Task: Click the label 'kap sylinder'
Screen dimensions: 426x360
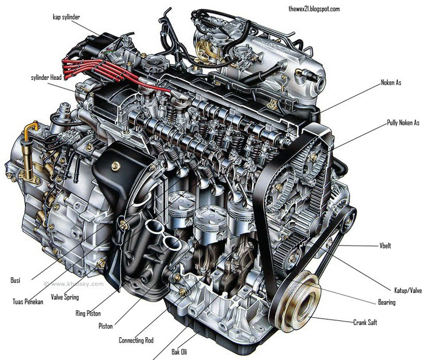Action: (x=67, y=17)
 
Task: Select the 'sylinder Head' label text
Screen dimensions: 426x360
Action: (x=46, y=78)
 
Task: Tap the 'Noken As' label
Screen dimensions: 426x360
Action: (x=391, y=83)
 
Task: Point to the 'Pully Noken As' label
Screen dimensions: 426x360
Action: (x=403, y=123)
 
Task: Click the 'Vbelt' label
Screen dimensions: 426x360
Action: (x=385, y=246)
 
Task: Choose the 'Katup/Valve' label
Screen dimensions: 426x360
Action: (x=408, y=291)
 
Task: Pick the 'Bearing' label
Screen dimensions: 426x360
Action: (x=387, y=302)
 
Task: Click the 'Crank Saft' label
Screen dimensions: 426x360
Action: (x=365, y=323)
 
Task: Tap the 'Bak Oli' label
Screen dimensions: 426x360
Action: (x=179, y=352)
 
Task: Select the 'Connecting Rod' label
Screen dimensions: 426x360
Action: (x=136, y=340)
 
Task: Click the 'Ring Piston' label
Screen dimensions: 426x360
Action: (x=88, y=313)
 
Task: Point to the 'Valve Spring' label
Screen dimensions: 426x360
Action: (x=65, y=297)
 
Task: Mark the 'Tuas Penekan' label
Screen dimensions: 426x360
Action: (x=27, y=302)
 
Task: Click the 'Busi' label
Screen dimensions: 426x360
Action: (x=15, y=280)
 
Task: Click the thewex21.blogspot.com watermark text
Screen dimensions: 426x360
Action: (x=314, y=9)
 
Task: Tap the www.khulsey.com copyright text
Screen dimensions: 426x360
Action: (x=74, y=284)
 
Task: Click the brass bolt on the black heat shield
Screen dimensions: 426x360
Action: (x=116, y=166)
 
